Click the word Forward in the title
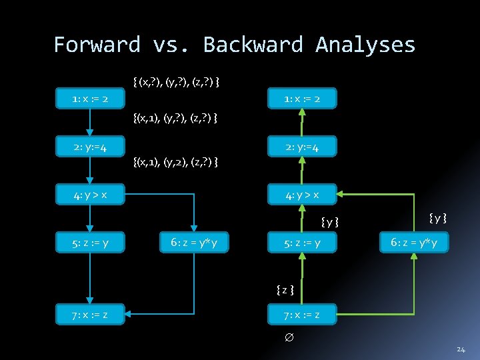click(97, 45)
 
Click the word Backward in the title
click(252, 45)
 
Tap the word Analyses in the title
click(365, 45)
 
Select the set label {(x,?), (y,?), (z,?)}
click(177, 82)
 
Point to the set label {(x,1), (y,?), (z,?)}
click(175, 119)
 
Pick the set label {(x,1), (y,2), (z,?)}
click(176, 162)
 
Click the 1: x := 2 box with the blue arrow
click(90, 99)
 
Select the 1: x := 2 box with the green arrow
click(301, 99)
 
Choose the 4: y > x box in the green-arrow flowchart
click(301, 195)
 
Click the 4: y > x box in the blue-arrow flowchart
click(90, 195)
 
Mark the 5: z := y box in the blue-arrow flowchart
click(90, 243)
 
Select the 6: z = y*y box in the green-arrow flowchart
click(413, 243)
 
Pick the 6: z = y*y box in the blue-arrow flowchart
click(193, 243)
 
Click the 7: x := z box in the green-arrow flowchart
click(301, 315)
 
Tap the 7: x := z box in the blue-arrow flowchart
click(90, 315)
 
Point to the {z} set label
click(285, 289)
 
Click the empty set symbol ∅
click(289, 339)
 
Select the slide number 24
click(461, 349)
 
